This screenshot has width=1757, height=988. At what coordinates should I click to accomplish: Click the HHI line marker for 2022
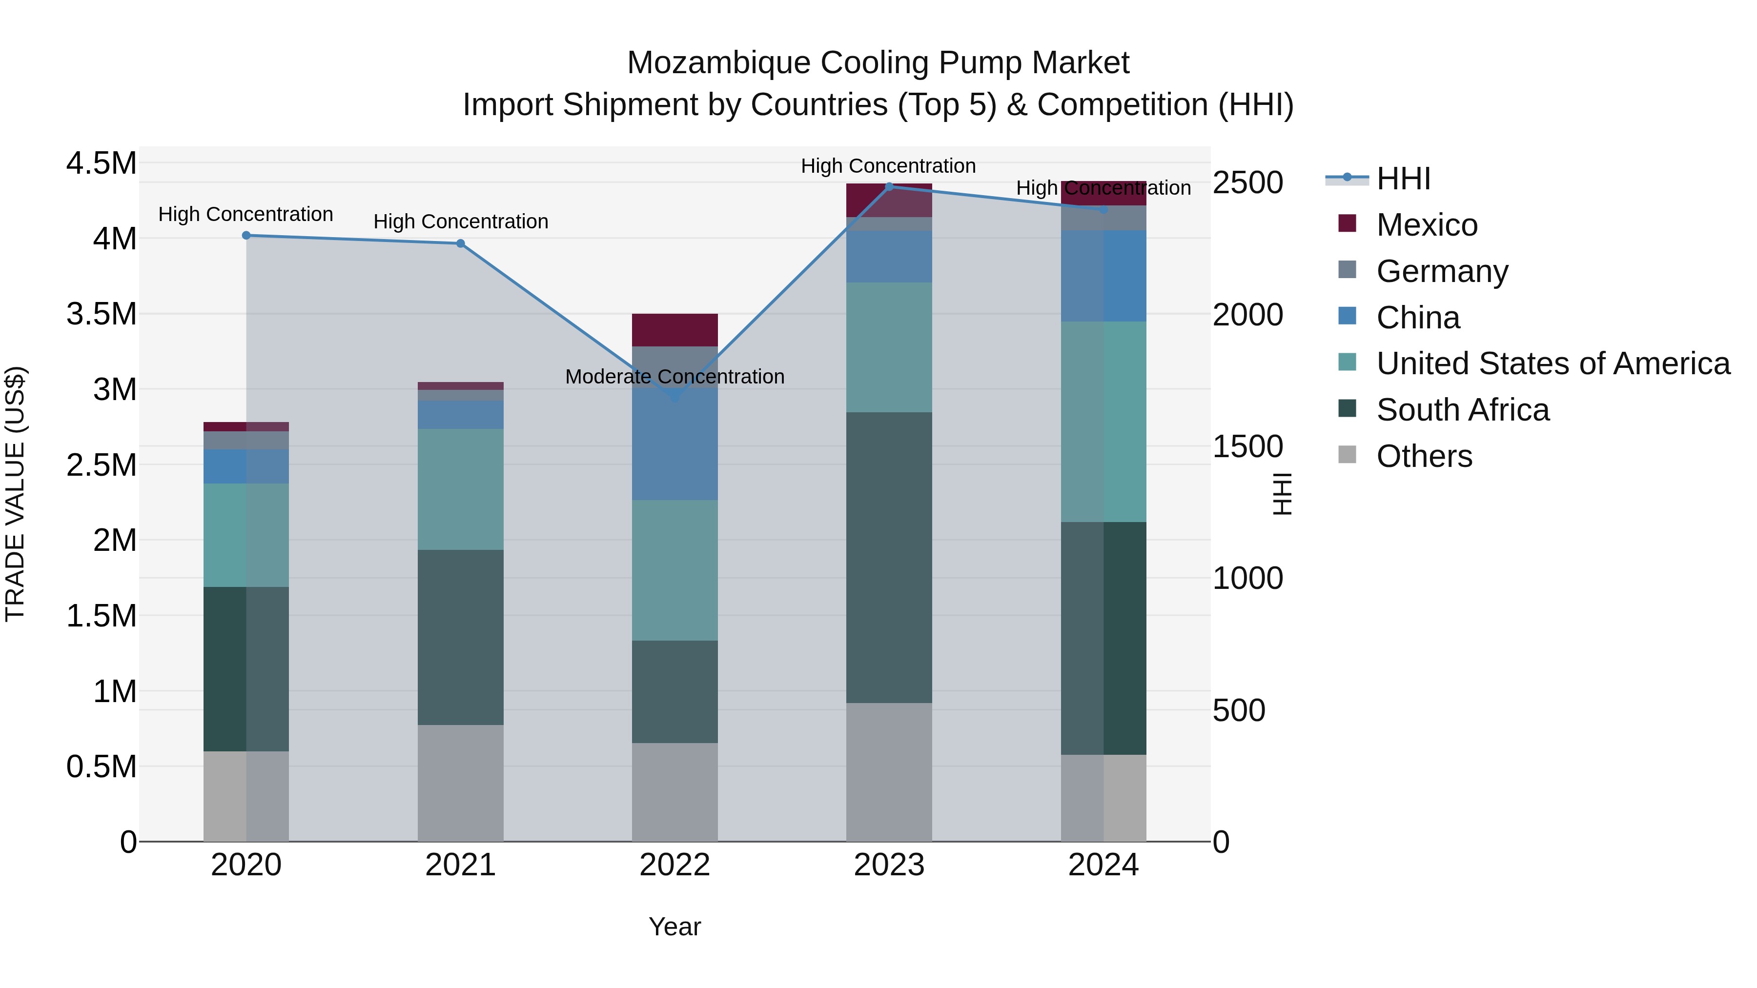point(674,396)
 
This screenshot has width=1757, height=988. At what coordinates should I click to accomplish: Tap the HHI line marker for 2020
point(246,235)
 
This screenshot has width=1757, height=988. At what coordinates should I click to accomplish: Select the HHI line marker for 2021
point(460,243)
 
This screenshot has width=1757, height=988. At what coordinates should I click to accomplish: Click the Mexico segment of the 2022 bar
point(674,330)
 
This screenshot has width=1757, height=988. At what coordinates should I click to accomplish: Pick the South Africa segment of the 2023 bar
point(889,557)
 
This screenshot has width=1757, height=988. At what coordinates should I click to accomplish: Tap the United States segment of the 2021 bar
point(460,489)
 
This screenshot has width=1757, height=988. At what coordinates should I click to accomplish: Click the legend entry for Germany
point(1442,271)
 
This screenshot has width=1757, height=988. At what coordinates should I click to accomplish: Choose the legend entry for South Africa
point(1462,410)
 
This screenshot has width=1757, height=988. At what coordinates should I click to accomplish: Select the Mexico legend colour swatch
point(1347,223)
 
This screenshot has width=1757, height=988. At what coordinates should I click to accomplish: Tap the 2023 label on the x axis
point(889,865)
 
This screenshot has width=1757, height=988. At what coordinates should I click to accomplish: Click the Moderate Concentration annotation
point(674,376)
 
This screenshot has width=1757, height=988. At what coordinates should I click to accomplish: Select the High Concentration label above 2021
point(460,222)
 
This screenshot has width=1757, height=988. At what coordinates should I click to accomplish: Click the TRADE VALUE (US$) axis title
point(15,494)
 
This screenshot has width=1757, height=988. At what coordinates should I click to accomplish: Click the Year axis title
point(674,927)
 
